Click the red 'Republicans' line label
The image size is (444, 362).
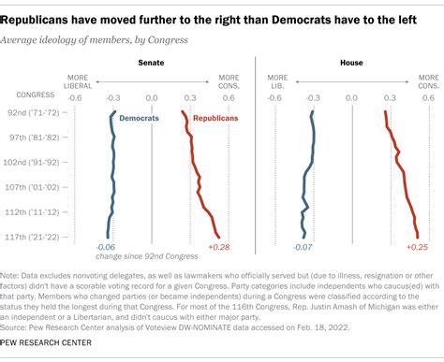[x=216, y=119]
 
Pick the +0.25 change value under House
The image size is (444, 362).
[x=418, y=247]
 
